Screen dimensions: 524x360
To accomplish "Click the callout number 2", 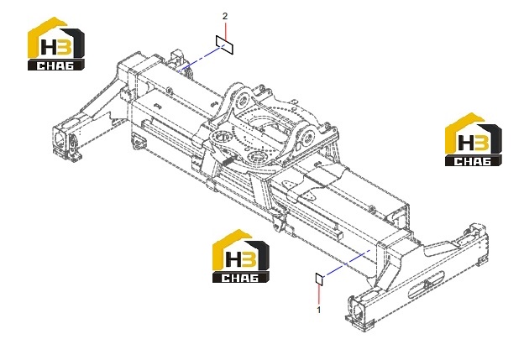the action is point(225,16).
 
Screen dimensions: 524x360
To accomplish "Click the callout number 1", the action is point(319,310).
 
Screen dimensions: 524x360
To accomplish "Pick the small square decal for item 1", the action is point(319,279).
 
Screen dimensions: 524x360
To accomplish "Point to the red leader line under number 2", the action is point(226,31).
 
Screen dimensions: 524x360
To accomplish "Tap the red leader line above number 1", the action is point(319,294).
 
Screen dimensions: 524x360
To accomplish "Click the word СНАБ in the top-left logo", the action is point(55,65).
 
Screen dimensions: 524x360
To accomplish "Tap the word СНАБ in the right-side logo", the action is point(473,161).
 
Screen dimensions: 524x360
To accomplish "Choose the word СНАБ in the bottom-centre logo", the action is point(240,278).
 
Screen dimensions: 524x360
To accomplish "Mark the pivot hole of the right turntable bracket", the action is point(309,137).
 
